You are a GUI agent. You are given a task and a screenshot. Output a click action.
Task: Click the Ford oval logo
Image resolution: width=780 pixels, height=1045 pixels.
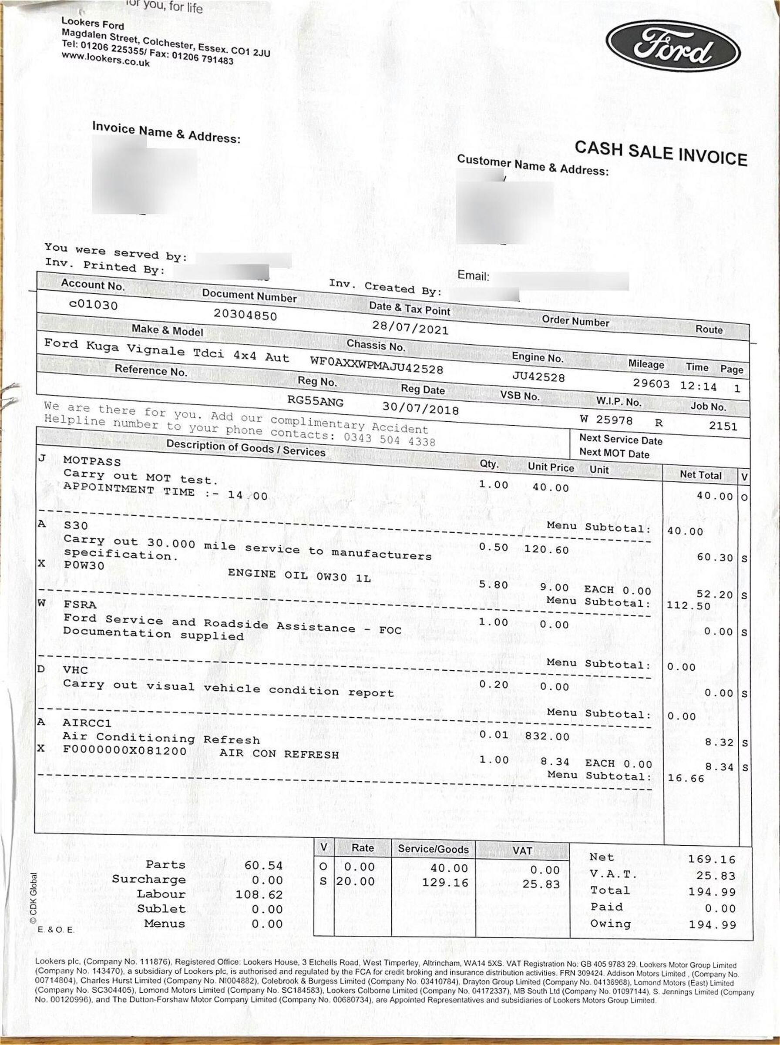pyautogui.click(x=672, y=46)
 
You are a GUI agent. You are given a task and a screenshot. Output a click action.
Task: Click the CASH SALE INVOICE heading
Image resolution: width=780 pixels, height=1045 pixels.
pyautogui.click(x=661, y=153)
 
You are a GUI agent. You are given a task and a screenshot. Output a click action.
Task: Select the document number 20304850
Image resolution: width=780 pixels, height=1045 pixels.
pyautogui.click(x=245, y=314)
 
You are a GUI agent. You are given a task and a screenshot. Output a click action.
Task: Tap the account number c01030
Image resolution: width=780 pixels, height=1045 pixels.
pyautogui.click(x=93, y=304)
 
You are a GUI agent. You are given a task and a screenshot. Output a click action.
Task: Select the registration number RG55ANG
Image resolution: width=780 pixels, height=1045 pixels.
pyautogui.click(x=316, y=402)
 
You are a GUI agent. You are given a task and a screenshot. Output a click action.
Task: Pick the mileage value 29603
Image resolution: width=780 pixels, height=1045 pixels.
pyautogui.click(x=651, y=383)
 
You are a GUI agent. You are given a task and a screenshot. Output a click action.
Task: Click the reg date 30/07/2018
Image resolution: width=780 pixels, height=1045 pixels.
pyautogui.click(x=420, y=407)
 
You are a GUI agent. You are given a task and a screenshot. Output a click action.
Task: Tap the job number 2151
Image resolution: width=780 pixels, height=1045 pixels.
pyautogui.click(x=723, y=426)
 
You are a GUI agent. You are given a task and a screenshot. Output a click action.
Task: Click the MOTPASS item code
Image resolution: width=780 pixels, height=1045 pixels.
pyautogui.click(x=92, y=461)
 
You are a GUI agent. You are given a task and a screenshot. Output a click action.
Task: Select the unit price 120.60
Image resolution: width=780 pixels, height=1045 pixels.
pyautogui.click(x=546, y=549)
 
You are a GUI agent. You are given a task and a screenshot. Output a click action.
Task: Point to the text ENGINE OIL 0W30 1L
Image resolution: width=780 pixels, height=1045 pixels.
pyautogui.click(x=299, y=575)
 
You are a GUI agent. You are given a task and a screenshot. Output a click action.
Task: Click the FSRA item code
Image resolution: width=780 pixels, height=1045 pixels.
pyautogui.click(x=80, y=605)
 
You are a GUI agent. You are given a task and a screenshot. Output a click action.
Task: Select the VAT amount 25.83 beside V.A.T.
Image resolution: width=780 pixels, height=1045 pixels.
pyautogui.click(x=716, y=876)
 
